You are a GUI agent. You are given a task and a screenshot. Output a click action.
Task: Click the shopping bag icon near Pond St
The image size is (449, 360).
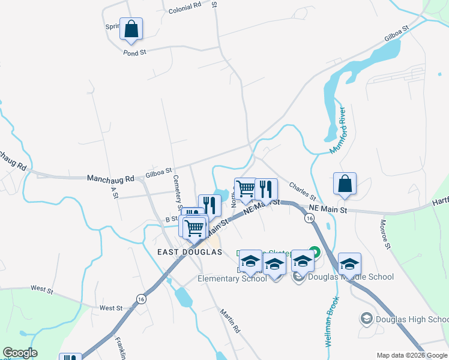[131, 29]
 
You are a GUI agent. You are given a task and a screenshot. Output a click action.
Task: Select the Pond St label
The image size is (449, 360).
[134, 53]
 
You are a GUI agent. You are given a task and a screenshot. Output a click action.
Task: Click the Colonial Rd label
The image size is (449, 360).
[185, 8]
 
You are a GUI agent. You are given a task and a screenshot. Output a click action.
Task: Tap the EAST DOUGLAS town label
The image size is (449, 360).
[190, 252]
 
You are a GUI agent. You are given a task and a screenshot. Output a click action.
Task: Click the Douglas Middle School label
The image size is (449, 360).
[351, 277]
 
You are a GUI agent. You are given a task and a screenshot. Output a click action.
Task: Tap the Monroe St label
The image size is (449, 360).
[385, 235]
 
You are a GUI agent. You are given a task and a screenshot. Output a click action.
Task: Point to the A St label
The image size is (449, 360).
[112, 192]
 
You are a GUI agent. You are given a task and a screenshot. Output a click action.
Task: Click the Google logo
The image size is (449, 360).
[20, 353]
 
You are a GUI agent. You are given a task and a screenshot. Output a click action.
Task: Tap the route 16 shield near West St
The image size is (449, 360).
[141, 299]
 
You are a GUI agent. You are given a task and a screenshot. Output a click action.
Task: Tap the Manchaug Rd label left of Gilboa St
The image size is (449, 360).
[110, 179]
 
